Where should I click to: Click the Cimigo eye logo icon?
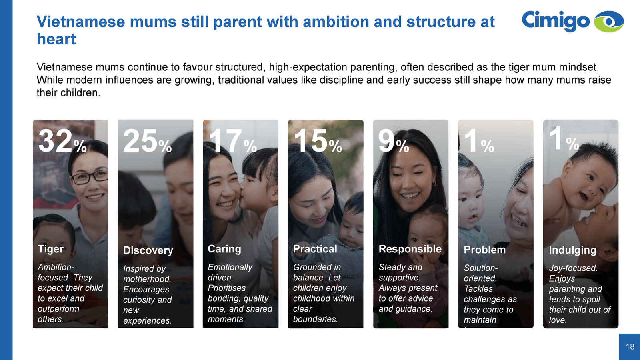click(608, 22)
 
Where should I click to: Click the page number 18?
click(630, 347)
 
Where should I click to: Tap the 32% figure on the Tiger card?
click(62, 141)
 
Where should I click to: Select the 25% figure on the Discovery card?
click(147, 141)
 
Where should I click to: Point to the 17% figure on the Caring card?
click(232, 141)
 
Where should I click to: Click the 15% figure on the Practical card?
click(318, 141)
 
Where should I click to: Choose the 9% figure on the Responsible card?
click(394, 141)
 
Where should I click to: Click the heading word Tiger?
click(50, 249)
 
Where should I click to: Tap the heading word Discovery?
click(148, 250)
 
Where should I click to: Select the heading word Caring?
click(224, 249)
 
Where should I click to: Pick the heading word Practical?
click(315, 249)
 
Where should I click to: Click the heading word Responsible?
click(410, 249)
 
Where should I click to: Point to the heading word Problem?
click(484, 250)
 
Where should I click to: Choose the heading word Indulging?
click(572, 250)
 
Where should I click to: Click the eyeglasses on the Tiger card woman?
click(90, 178)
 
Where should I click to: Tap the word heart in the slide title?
click(56, 39)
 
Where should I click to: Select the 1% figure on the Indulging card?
click(564, 139)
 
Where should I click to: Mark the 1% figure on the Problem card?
click(478, 141)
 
